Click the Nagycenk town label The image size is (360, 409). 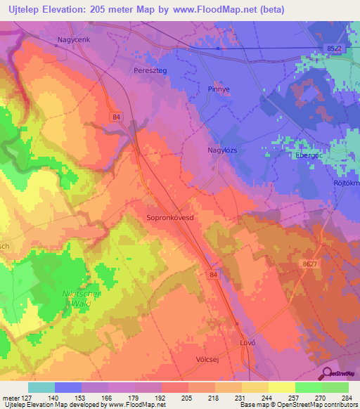pyautogui.click(x=74, y=41)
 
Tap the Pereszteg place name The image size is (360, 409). pyautogui.click(x=150, y=70)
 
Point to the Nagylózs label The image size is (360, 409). pyautogui.click(x=205, y=150)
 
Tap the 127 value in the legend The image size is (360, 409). pyautogui.click(x=27, y=398)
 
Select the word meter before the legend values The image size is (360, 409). pyautogui.click(x=10, y=398)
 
